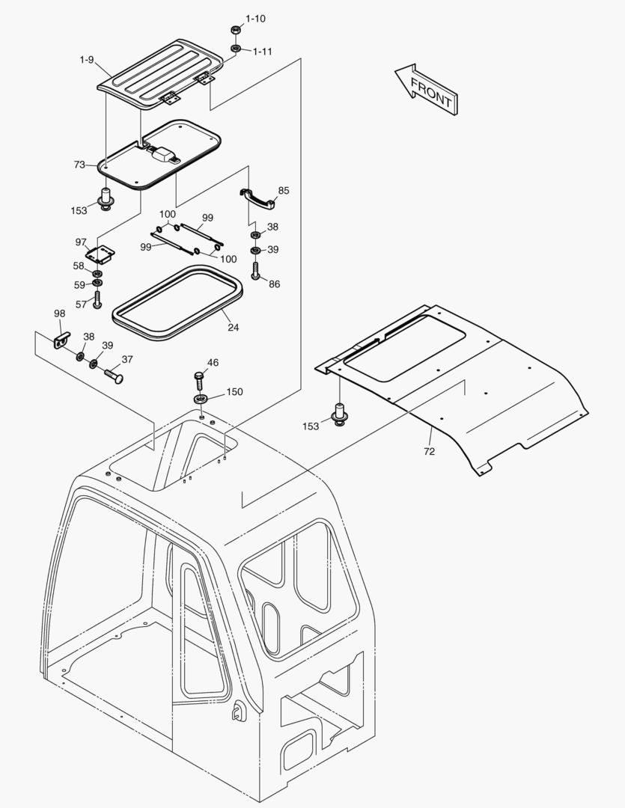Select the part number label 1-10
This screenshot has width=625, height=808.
[x=255, y=18]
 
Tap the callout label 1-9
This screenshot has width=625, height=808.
[x=87, y=59]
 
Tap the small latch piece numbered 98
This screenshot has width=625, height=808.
[x=61, y=341]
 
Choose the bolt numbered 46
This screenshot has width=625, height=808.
[x=199, y=379]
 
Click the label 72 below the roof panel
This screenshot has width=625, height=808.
[x=430, y=451]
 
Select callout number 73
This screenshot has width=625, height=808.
[x=79, y=165]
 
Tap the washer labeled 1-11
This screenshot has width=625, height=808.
[x=235, y=49]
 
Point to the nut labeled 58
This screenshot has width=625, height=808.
[x=98, y=275]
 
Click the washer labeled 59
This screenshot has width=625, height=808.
[x=98, y=285]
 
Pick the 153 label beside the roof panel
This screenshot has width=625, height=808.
[x=310, y=426]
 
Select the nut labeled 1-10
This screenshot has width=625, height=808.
[x=234, y=29]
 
